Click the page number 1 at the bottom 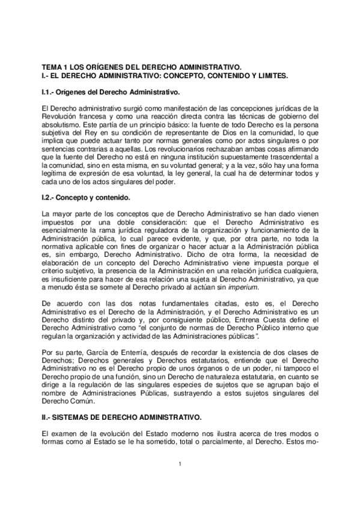point(180,463)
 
